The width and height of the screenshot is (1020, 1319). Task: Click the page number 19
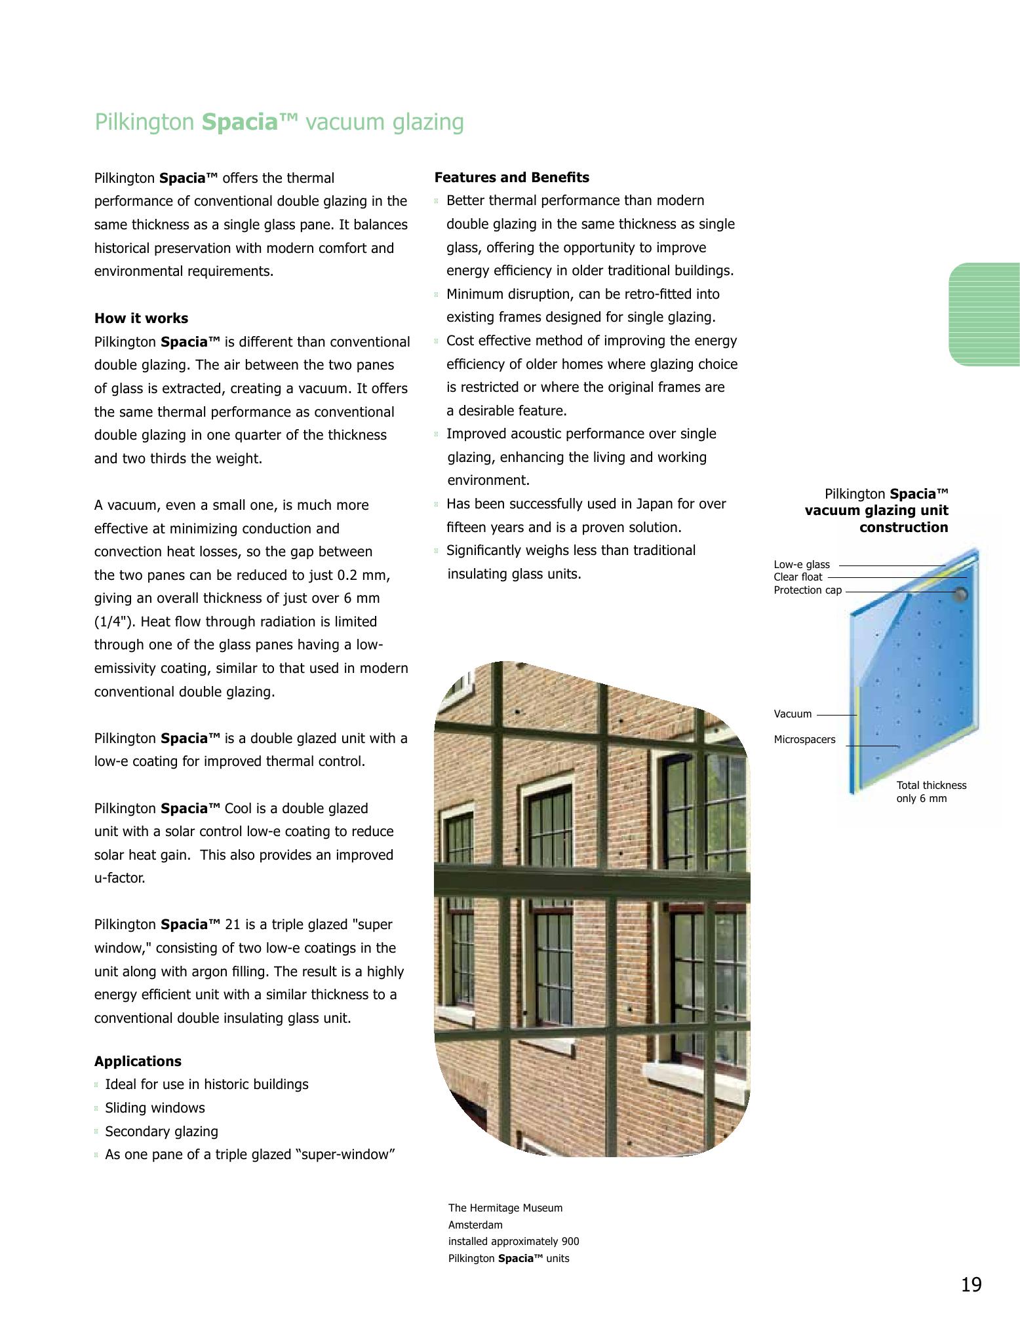pyautogui.click(x=971, y=1285)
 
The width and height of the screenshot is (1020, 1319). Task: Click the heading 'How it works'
pyautogui.click(x=141, y=318)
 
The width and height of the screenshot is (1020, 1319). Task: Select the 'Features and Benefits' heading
pyautogui.click(x=511, y=178)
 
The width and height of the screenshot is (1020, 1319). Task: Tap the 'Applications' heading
pyautogui.click(x=138, y=1061)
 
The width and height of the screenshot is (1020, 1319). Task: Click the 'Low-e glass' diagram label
pyautogui.click(x=801, y=565)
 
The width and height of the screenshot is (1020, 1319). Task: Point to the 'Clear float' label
pyautogui.click(x=797, y=577)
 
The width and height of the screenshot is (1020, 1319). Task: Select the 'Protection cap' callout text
pyautogui.click(x=807, y=590)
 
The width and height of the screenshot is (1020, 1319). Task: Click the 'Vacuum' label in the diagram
pyautogui.click(x=793, y=714)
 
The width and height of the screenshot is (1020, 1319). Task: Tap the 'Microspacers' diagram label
pyautogui.click(x=804, y=740)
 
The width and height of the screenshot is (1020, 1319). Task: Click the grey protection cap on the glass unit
pyautogui.click(x=960, y=594)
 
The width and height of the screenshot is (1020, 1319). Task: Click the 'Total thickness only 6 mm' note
pyautogui.click(x=931, y=792)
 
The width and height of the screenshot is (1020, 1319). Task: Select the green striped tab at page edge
pyautogui.click(x=984, y=315)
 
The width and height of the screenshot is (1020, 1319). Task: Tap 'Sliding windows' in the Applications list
pyautogui.click(x=155, y=1108)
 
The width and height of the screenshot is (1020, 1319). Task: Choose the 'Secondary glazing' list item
pyautogui.click(x=161, y=1132)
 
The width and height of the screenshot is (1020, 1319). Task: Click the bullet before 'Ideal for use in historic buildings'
pyautogui.click(x=96, y=1085)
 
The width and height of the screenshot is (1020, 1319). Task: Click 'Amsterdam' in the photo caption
pyautogui.click(x=475, y=1225)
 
